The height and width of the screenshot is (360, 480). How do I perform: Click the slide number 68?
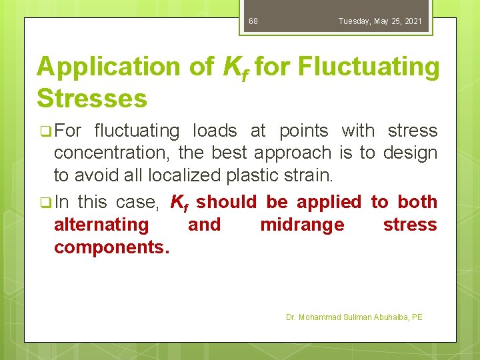coord(253,21)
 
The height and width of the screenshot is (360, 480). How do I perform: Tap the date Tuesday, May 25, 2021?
coord(380,21)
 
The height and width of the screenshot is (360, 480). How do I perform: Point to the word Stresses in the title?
coord(92,98)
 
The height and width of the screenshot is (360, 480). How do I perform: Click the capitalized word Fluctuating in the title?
coord(369,67)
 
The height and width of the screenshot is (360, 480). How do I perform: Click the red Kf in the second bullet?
coord(178,202)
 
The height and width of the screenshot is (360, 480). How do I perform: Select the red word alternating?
coord(101,225)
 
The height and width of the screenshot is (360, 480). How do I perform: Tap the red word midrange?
coord(302,225)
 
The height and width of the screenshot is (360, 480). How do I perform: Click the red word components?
coord(111,247)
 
